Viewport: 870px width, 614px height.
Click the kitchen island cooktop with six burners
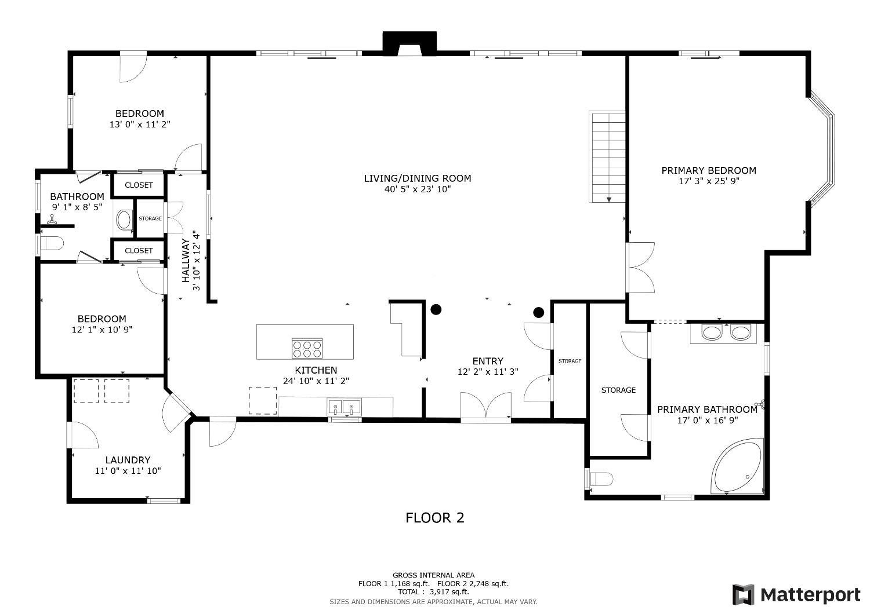(307, 348)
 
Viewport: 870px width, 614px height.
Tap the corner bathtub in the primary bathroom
(738, 467)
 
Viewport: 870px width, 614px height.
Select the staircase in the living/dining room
(607, 157)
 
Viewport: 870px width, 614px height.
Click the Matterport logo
(796, 595)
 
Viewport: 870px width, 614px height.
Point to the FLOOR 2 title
(434, 518)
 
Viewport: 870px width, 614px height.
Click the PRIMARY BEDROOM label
(709, 170)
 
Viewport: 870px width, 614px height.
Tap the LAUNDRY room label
(128, 460)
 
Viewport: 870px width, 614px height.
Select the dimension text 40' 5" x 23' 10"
(418, 189)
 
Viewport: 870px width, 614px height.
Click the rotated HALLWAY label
(186, 261)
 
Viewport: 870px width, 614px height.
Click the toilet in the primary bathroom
(600, 479)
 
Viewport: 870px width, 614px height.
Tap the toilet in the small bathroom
(51, 244)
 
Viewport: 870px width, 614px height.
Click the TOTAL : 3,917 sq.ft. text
(433, 592)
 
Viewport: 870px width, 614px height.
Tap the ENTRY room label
(488, 361)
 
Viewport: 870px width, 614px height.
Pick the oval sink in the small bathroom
(124, 220)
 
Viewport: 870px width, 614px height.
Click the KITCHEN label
(316, 370)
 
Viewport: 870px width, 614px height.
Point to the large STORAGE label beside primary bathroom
(618, 390)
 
